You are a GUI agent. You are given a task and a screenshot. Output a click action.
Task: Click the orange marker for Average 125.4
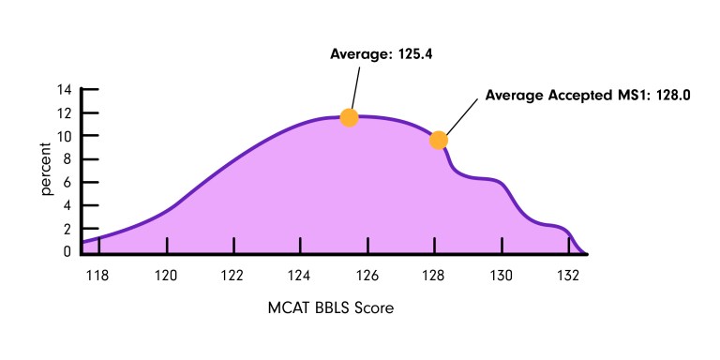[x=349, y=117]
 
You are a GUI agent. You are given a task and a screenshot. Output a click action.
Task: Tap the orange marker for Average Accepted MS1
[x=438, y=141]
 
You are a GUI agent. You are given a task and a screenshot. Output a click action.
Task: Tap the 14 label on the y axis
[x=65, y=90]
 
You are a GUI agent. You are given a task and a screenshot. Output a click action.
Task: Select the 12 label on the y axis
[x=65, y=113]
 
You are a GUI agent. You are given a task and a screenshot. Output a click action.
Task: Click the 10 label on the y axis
[x=65, y=136]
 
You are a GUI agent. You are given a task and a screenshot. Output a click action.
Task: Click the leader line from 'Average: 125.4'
[x=354, y=89]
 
